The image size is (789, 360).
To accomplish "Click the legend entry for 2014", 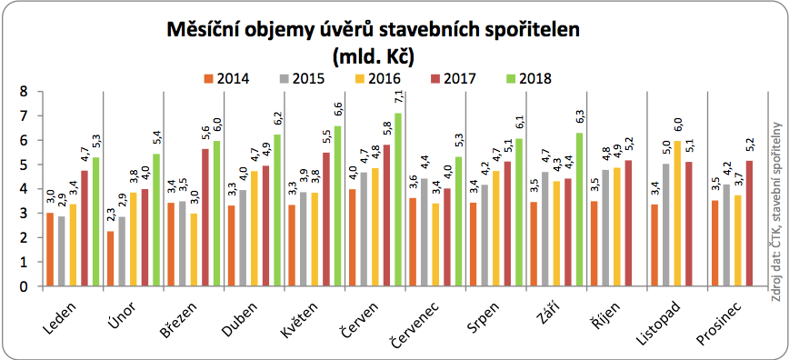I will coord(226,78).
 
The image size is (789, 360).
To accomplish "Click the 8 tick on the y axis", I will coord(25,92).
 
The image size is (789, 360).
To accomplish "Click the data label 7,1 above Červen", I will coord(397,96).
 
